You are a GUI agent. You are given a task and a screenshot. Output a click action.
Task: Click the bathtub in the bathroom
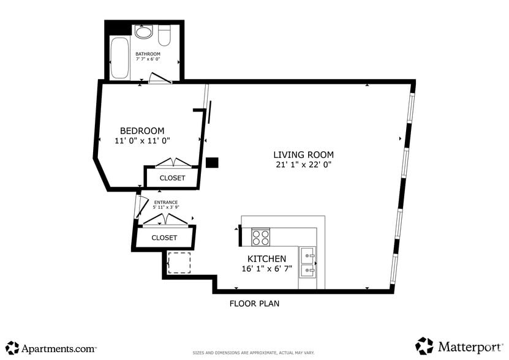click(119, 58)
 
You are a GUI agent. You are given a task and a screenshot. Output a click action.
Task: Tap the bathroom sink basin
click(144, 32)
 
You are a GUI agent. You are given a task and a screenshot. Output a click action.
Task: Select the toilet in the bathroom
click(164, 36)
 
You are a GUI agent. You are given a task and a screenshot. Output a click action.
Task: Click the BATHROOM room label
click(148, 54)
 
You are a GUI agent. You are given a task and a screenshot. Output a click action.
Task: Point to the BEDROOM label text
click(142, 130)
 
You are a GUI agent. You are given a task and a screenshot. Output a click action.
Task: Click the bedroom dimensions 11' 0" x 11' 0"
click(142, 141)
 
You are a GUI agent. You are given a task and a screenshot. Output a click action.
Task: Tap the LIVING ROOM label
click(303, 154)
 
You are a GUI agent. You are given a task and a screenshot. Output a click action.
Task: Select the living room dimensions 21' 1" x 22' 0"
click(303, 165)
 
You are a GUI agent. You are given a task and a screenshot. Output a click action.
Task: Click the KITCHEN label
click(266, 259)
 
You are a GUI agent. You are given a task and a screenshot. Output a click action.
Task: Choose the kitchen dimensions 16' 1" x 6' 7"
click(266, 269)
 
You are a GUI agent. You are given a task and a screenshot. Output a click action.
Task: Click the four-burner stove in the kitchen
click(261, 236)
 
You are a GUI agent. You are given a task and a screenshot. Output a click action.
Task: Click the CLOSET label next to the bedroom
click(172, 178)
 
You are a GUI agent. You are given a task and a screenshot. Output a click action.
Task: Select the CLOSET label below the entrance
click(164, 238)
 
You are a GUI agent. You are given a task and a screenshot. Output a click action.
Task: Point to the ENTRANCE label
click(165, 203)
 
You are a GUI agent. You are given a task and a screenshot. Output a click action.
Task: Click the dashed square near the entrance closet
click(179, 263)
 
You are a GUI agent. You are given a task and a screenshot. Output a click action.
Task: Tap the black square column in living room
click(212, 162)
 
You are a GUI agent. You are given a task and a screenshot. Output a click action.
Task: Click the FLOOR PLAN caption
click(254, 304)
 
